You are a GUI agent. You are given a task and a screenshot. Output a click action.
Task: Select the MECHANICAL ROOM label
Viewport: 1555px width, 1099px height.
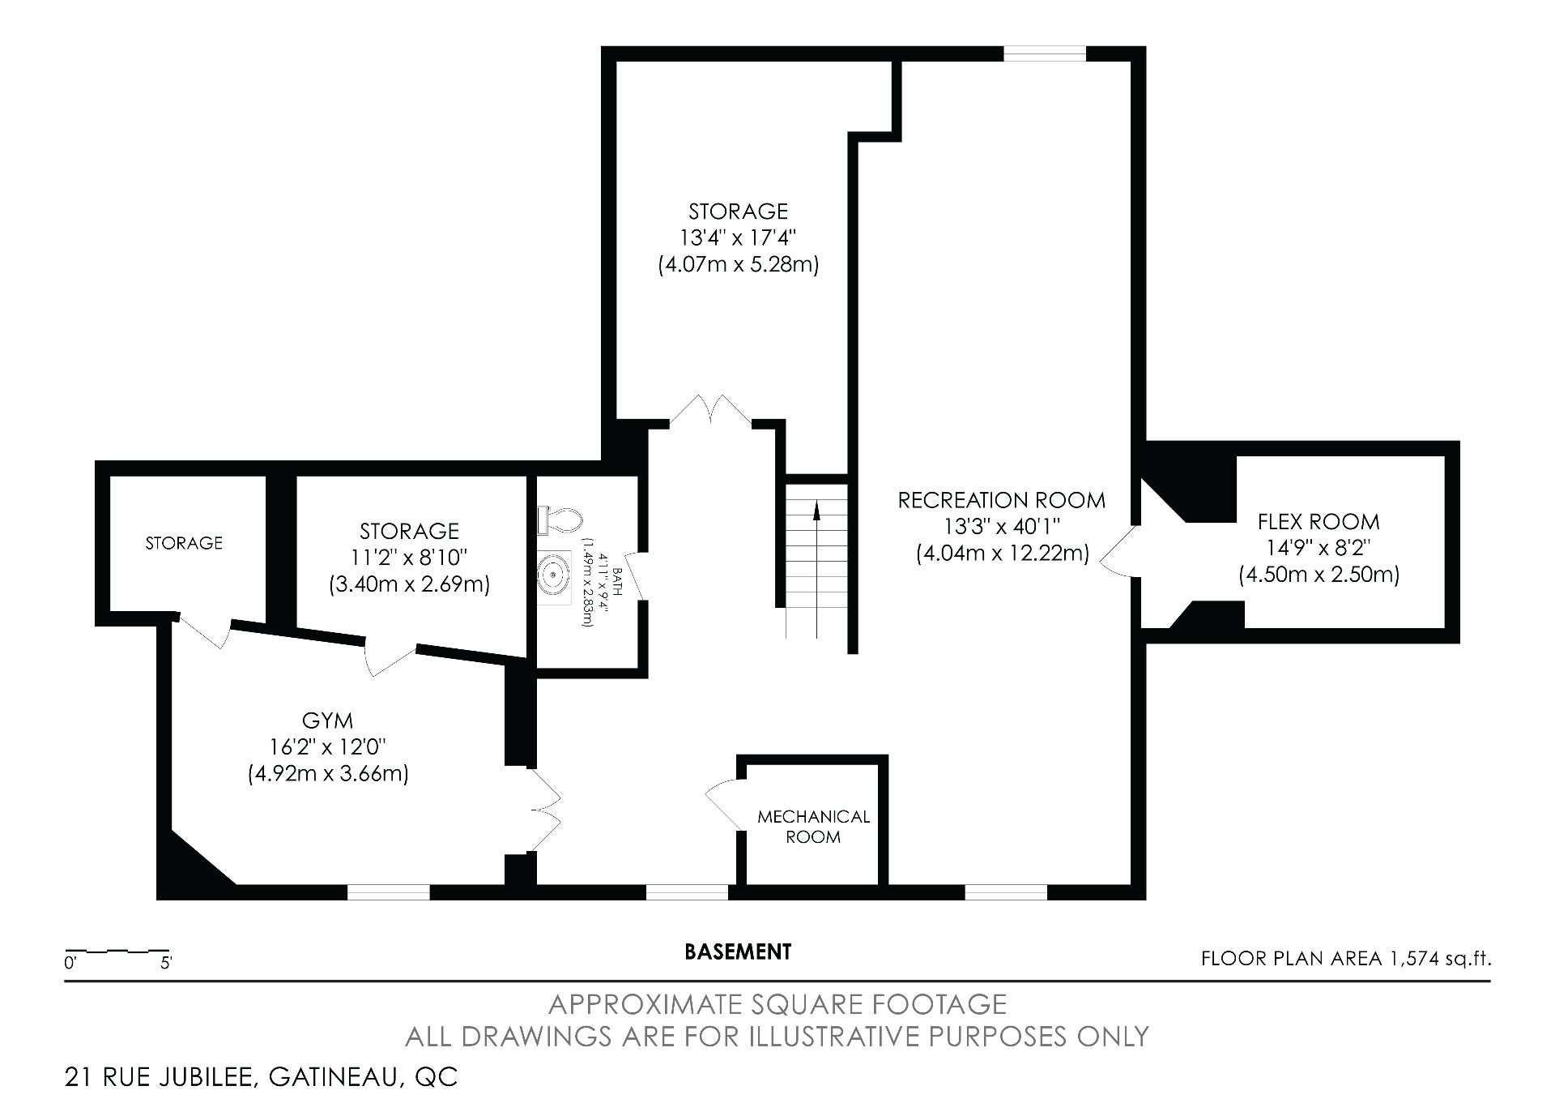click(x=813, y=827)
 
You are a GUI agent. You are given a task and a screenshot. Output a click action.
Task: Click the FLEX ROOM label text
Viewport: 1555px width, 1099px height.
click(x=1319, y=521)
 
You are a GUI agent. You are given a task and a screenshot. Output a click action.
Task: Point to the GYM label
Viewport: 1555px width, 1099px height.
click(x=327, y=720)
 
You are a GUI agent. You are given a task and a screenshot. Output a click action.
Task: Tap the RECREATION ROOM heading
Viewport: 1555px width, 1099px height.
click(x=1002, y=500)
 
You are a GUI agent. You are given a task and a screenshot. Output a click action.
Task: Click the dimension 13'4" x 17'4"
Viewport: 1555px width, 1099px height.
click(x=738, y=238)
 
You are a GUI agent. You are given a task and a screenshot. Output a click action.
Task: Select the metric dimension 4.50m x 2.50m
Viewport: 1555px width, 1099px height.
click(x=1319, y=575)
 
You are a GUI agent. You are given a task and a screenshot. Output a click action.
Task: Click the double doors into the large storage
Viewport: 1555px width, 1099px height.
click(x=710, y=410)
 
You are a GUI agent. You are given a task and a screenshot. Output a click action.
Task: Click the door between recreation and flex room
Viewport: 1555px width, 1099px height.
click(x=1118, y=552)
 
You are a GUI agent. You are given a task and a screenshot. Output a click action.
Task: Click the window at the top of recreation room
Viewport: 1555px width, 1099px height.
click(x=1044, y=53)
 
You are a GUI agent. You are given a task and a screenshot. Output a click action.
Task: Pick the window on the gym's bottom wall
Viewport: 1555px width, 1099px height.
click(x=388, y=892)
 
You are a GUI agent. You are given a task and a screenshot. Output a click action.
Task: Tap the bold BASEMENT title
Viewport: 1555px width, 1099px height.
click(x=737, y=951)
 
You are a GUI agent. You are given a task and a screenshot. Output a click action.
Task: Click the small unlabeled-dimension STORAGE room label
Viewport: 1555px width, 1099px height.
click(x=184, y=543)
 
